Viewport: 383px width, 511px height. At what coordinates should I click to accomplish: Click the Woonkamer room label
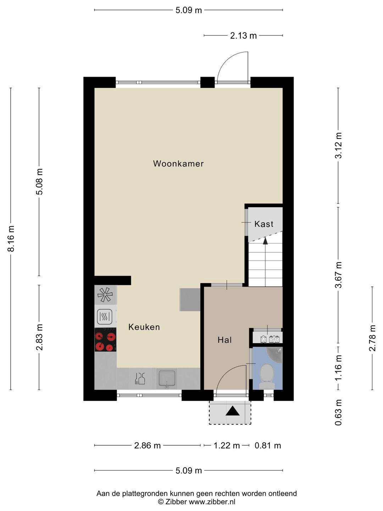[178, 164]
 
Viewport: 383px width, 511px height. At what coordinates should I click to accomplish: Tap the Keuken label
[144, 327]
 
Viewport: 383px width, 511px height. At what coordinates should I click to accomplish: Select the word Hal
[224, 340]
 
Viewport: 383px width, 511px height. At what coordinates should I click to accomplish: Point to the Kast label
[264, 224]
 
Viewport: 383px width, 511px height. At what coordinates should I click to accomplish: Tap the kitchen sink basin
[167, 378]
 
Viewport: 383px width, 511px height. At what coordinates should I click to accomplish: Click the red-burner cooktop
[105, 340]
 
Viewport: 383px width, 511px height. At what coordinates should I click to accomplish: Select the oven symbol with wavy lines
[105, 317]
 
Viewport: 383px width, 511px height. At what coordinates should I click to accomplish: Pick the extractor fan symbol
[105, 295]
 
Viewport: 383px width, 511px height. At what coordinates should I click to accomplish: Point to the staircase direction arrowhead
[265, 241]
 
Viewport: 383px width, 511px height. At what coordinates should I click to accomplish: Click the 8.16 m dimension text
[11, 239]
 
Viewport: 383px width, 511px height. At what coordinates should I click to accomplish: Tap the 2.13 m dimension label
[243, 36]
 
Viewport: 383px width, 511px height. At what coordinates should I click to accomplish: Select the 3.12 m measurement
[339, 145]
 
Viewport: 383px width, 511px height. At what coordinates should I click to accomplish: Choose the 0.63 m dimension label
[339, 412]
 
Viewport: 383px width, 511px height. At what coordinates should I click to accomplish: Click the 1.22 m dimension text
[227, 446]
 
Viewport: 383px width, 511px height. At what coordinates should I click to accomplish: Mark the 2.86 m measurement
[148, 446]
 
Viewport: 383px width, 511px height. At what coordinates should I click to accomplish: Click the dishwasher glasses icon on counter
[140, 379]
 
